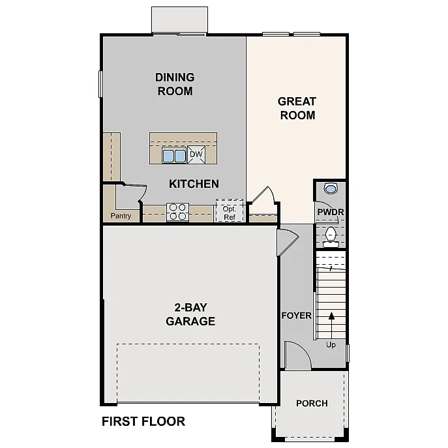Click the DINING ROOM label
(x=175, y=84)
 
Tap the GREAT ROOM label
(x=297, y=108)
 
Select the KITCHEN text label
(x=194, y=184)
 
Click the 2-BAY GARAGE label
(x=190, y=314)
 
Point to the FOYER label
(x=296, y=316)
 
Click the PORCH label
(x=312, y=403)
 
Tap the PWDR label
(x=330, y=213)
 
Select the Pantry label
(x=121, y=216)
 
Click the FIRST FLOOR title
(x=143, y=421)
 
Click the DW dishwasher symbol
(x=196, y=155)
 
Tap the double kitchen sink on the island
(x=173, y=155)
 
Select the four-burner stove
(x=177, y=211)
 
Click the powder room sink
(x=331, y=189)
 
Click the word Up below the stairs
(x=331, y=345)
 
